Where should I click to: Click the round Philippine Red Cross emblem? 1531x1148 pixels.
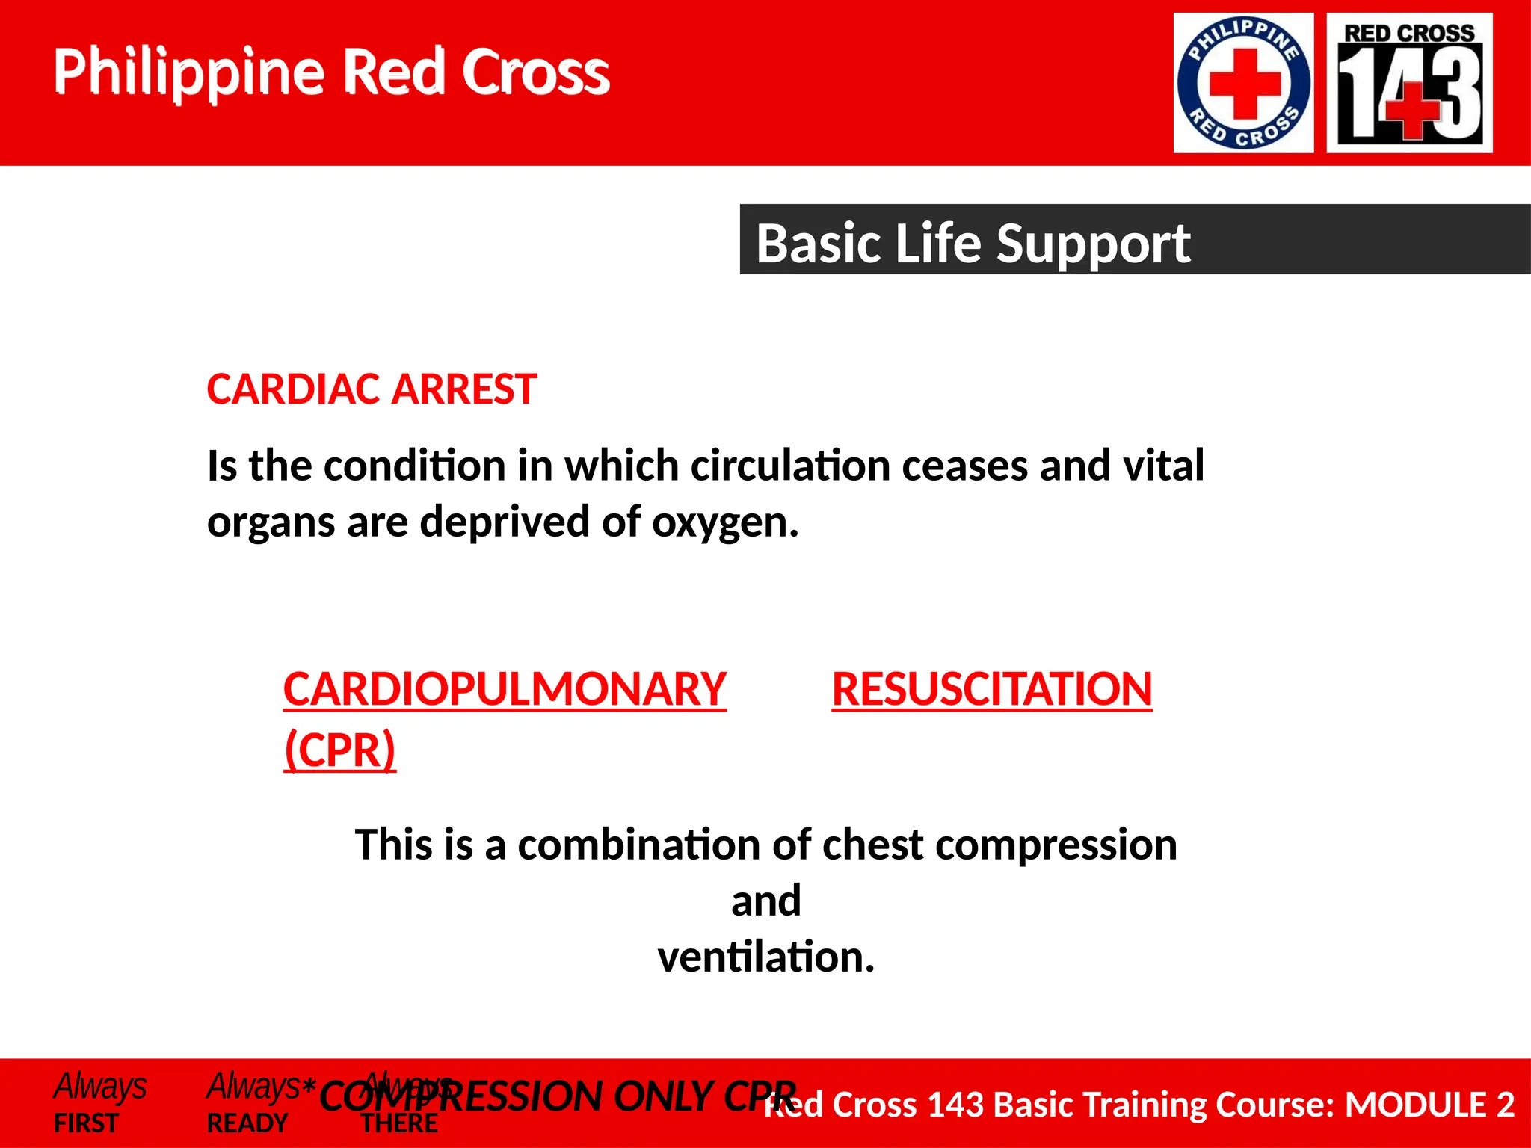[x=1243, y=83]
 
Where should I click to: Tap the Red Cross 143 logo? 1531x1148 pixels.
[x=1409, y=83]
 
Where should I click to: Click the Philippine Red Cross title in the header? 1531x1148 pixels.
[x=331, y=72]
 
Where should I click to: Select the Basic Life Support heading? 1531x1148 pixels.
[x=973, y=244]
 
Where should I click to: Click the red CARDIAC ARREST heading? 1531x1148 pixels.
[x=372, y=389]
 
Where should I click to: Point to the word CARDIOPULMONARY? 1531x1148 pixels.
[x=505, y=688]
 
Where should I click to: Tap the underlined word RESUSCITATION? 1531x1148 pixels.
[x=991, y=688]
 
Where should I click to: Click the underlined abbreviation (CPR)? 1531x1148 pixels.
[x=339, y=750]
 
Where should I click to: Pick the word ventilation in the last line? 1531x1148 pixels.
[x=765, y=957]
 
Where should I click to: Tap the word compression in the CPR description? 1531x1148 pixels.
[x=1056, y=845]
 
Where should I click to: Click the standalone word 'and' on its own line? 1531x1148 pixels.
[x=765, y=901]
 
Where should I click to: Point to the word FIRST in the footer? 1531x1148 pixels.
[x=86, y=1123]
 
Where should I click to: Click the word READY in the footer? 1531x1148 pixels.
[x=247, y=1123]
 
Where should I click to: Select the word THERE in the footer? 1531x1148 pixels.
[x=399, y=1123]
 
